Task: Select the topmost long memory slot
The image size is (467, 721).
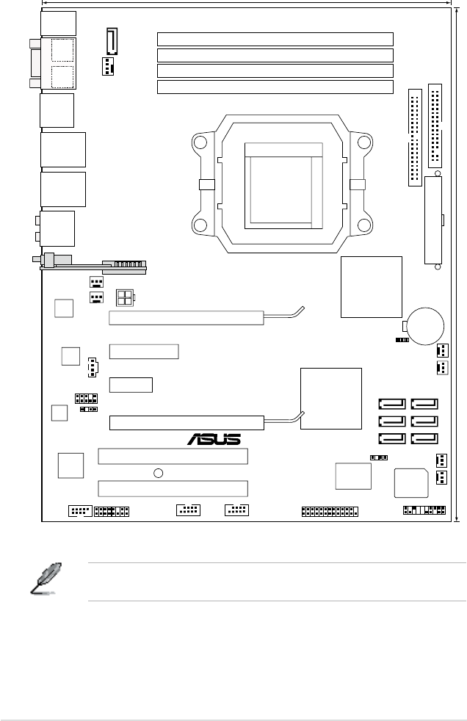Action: tap(275, 39)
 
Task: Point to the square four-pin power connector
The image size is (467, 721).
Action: tap(125, 297)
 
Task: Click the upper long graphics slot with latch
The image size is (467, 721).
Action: tap(187, 318)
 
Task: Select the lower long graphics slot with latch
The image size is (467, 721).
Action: tap(187, 422)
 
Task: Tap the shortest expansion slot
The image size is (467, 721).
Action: tap(131, 384)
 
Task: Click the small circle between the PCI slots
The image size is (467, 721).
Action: tap(158, 473)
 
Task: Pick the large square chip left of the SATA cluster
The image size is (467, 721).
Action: tap(332, 398)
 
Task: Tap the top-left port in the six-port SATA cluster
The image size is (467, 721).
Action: tap(391, 404)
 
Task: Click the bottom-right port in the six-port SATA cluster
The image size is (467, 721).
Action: tap(424, 439)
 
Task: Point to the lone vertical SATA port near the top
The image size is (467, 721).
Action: tap(112, 41)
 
